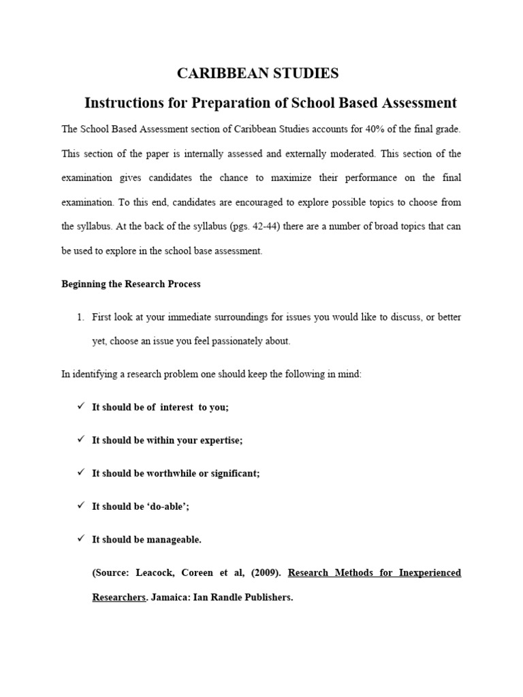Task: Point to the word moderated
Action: click(x=350, y=153)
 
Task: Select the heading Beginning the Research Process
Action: click(x=131, y=285)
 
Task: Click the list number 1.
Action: click(x=80, y=317)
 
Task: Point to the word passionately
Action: click(x=226, y=342)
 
